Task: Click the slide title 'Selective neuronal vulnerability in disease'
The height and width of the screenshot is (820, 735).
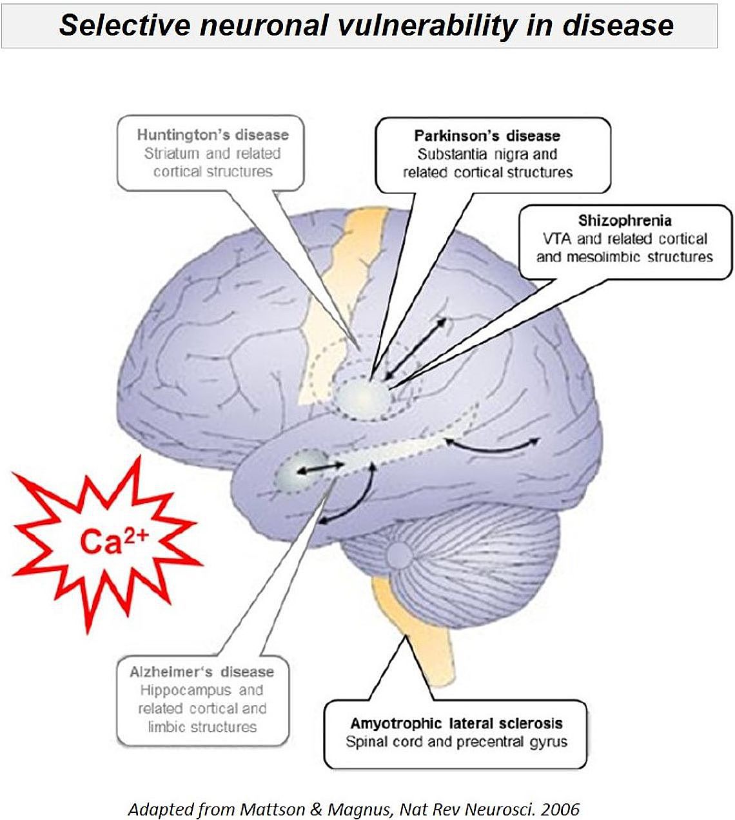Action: pos(366,25)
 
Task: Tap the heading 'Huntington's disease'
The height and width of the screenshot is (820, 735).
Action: pos(213,135)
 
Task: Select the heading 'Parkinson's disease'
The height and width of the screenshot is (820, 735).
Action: pos(487,136)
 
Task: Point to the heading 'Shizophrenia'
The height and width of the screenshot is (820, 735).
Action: pos(624,221)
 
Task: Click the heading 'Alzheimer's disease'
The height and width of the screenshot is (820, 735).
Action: pos(202,672)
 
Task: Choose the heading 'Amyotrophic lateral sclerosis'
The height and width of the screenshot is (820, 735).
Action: pos(456,723)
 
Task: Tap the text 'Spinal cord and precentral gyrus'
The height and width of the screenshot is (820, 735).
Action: pos(456,742)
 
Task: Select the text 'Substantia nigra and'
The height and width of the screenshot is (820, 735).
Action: pos(487,154)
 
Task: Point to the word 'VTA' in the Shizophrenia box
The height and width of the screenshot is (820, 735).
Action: pos(557,239)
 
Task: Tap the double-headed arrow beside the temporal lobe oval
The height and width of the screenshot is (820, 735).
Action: pos(319,469)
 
